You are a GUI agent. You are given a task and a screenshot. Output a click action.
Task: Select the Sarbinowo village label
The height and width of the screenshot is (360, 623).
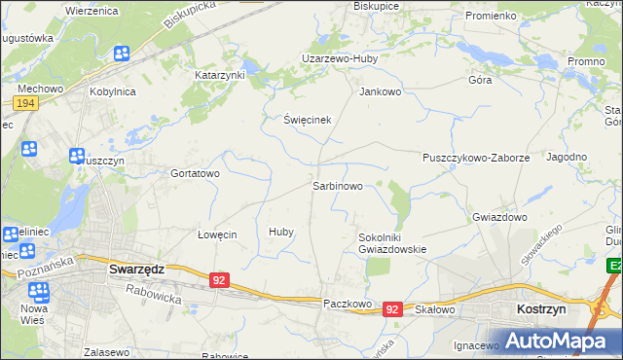338,184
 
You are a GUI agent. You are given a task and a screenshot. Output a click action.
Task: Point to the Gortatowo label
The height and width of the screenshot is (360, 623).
196,173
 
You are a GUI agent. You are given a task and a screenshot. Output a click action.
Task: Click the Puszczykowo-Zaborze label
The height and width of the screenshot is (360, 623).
475,157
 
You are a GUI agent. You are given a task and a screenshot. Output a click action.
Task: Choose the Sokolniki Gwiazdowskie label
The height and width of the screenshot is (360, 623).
392,242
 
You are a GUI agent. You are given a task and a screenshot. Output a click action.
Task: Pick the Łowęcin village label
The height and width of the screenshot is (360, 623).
217,234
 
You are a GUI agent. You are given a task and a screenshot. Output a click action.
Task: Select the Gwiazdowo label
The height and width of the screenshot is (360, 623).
499,217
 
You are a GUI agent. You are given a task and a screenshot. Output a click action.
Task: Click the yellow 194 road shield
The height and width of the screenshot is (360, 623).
26,103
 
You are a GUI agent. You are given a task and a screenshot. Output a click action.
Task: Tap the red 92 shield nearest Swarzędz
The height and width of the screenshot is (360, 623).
220,280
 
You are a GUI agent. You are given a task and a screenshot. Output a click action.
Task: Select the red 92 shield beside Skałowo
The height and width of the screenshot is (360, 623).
392,308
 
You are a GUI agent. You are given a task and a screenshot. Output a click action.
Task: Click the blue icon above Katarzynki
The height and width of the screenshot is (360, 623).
121,54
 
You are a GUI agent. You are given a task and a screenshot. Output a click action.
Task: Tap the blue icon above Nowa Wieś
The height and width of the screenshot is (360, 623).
39,291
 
